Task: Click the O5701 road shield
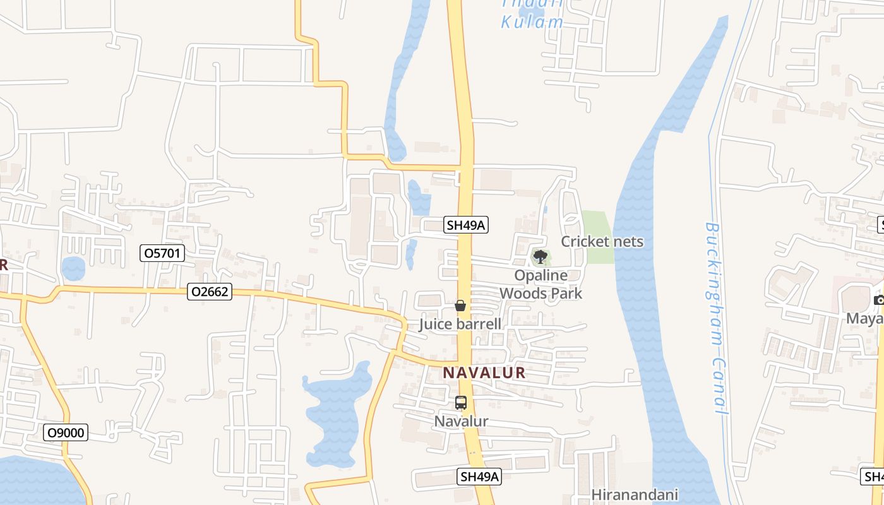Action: tap(162, 254)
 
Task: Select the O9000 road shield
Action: tap(66, 432)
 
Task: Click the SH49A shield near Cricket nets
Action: tap(467, 225)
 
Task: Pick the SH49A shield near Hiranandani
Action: tap(479, 477)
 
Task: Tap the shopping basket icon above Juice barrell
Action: tap(460, 306)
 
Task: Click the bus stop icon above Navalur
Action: tap(461, 403)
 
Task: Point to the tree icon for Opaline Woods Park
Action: tap(540, 256)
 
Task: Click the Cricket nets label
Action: tap(602, 241)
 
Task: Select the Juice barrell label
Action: tap(460, 324)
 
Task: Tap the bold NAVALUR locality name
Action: tap(484, 372)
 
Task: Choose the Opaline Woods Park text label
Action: tap(541, 284)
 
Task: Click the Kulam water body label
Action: tap(532, 22)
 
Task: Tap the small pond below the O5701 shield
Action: tap(73, 268)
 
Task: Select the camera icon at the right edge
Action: tap(878, 300)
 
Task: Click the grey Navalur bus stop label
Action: tap(461, 421)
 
